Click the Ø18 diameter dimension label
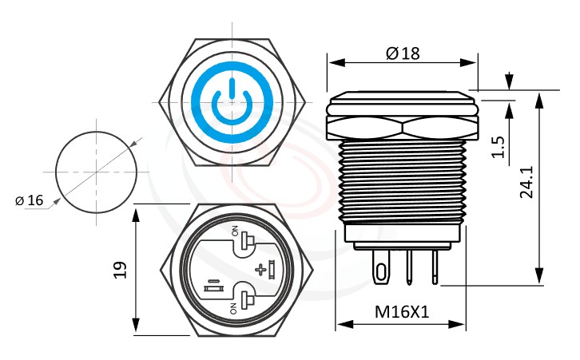tap(403, 53)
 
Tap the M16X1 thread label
tap(403, 312)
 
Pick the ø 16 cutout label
tap(30, 200)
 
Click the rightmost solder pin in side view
tap(435, 267)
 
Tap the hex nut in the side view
tap(402, 125)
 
